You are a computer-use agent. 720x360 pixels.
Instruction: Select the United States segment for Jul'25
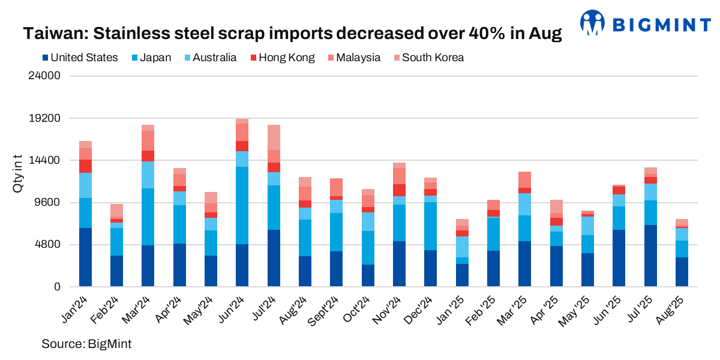[650, 256]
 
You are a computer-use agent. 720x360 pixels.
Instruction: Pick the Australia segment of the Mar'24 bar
[148, 175]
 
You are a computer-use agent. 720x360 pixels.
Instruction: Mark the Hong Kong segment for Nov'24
[399, 190]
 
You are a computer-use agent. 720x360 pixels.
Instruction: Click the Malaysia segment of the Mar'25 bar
[525, 179]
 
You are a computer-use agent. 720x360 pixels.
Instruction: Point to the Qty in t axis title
[17, 174]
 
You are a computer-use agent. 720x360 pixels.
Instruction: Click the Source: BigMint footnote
[86, 344]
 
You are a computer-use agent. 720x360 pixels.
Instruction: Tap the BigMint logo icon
[593, 22]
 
